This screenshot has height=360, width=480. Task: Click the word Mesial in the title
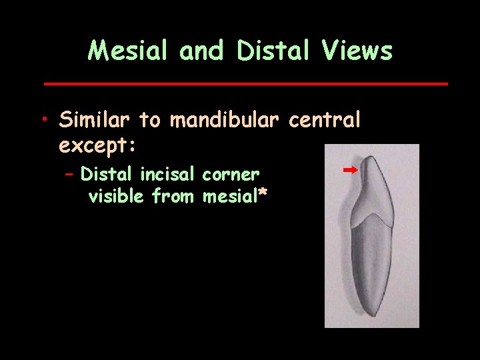coord(127,51)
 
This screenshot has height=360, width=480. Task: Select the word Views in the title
coord(359,51)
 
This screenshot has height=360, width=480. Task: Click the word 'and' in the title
coord(198,51)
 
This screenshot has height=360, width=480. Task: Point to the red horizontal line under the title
coord(245,84)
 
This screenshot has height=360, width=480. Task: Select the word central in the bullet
coord(325,120)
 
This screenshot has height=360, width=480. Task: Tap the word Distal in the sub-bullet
coord(107,175)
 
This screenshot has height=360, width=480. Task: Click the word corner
coord(231,175)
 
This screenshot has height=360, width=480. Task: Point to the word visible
coord(117,196)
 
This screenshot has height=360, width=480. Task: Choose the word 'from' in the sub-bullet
coord(174,196)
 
